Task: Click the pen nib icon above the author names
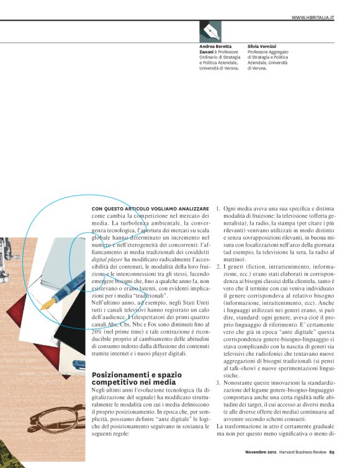[x=210, y=31]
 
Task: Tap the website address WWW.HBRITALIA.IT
[x=313, y=17]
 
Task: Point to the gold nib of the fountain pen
[x=47, y=304]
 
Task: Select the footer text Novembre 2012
[x=256, y=460]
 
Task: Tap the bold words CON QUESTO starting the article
[x=114, y=208]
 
